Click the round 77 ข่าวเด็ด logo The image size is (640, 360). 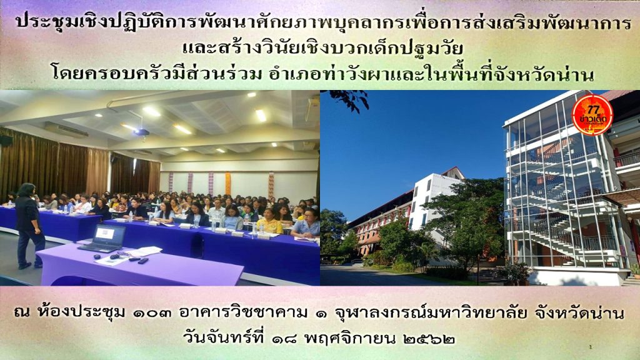pyautogui.click(x=592, y=115)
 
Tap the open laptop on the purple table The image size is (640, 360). pyautogui.click(x=103, y=239)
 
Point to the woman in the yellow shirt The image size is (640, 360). pyautogui.click(x=269, y=222)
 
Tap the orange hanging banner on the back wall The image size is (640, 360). pyautogui.click(x=227, y=183)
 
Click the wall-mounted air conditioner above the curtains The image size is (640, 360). pyautogui.click(x=66, y=130)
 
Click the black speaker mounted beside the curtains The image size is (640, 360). pyautogui.click(x=6, y=141)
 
